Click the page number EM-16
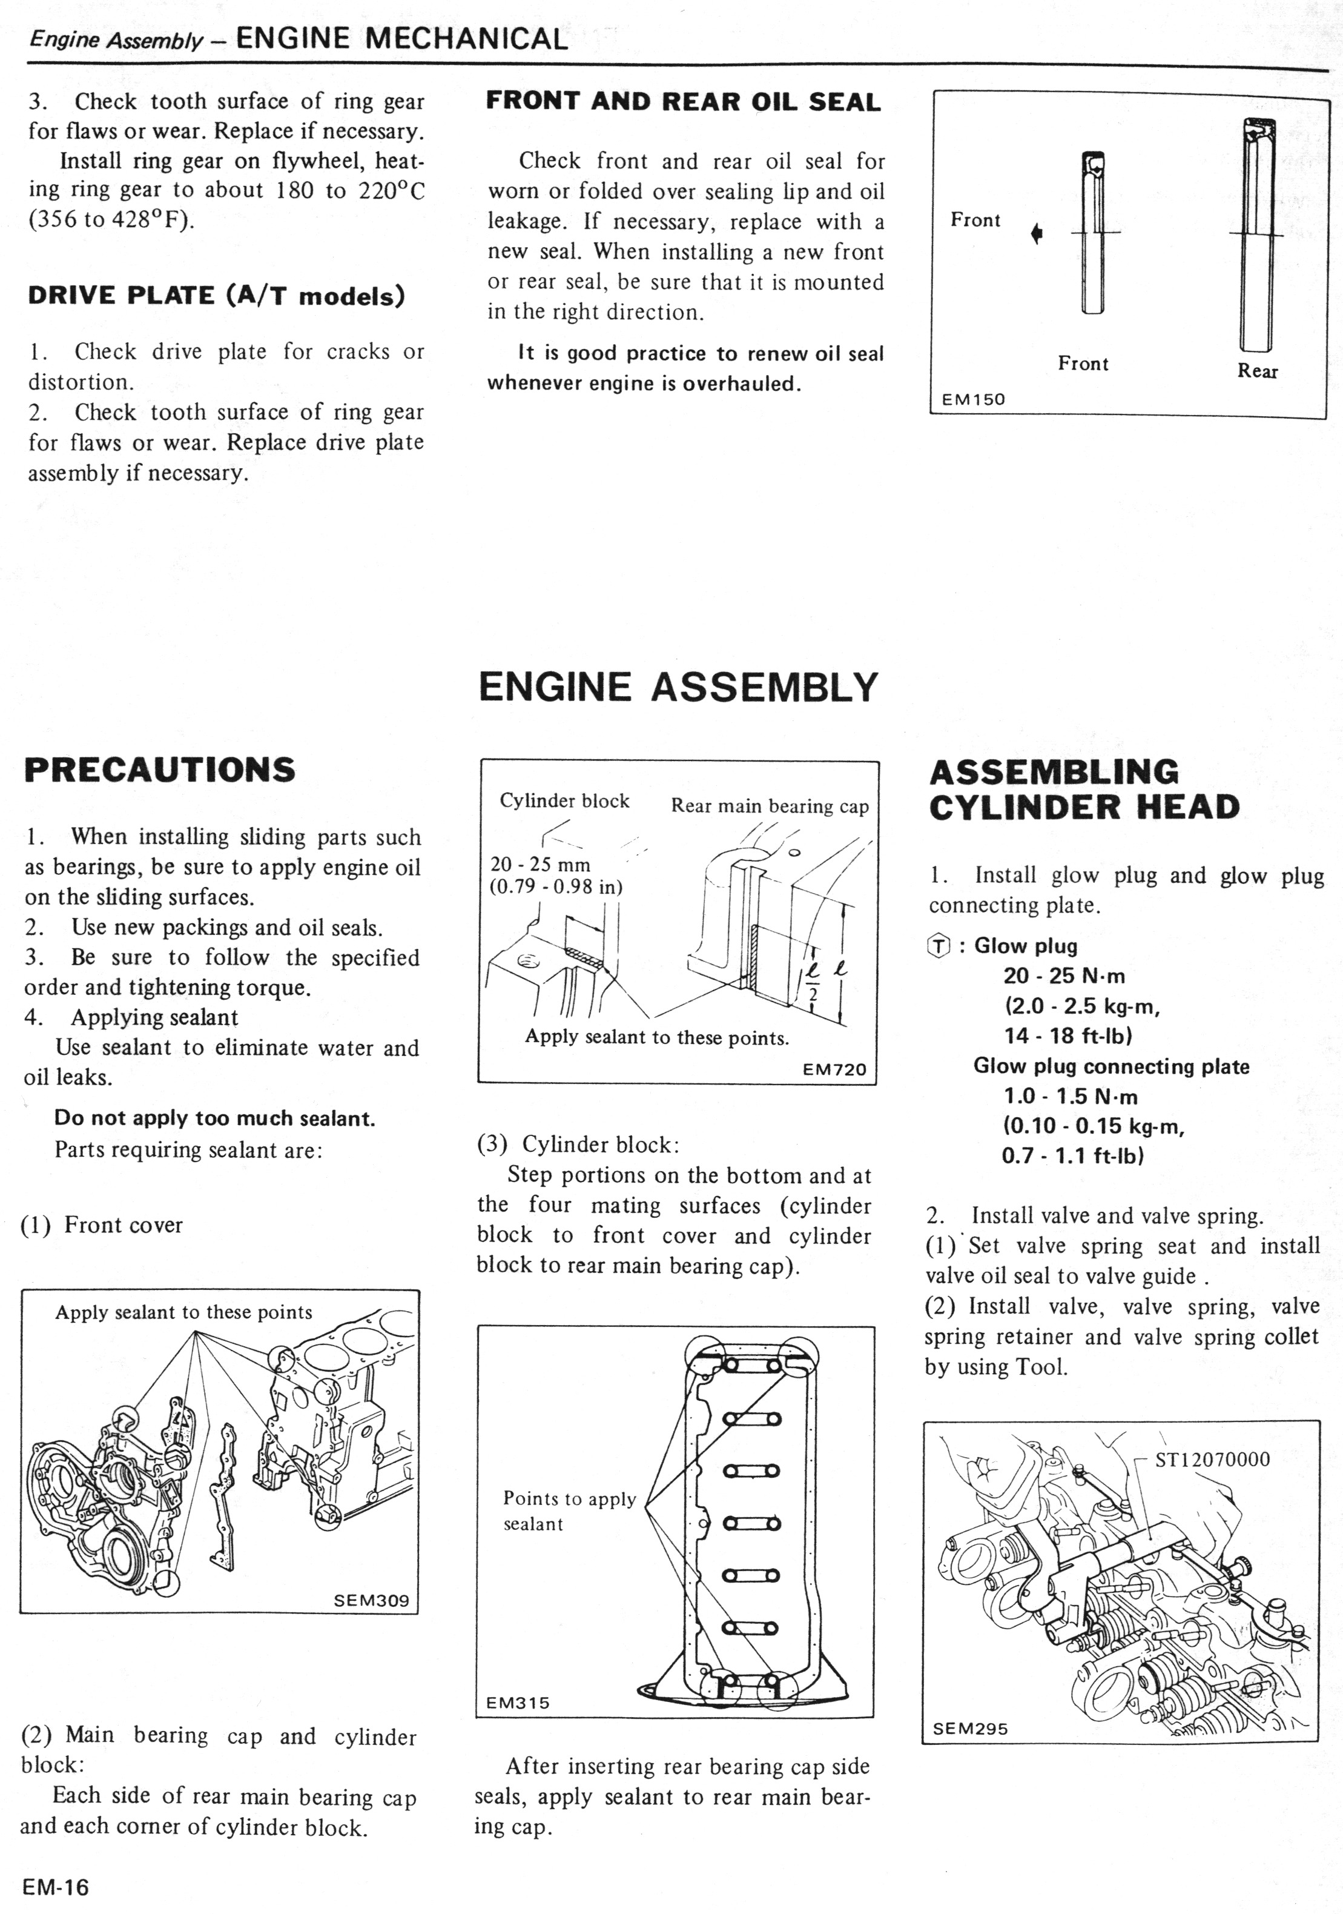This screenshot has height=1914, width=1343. [56, 1887]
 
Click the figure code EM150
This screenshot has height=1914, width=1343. [973, 399]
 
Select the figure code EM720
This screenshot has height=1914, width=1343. [834, 1069]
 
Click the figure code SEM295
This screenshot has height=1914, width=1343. [970, 1728]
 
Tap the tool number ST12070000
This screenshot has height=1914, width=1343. [1212, 1459]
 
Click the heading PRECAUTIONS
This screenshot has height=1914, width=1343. [160, 769]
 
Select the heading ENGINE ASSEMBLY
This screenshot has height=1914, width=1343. [678, 687]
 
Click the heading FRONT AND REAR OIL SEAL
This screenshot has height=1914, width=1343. [683, 102]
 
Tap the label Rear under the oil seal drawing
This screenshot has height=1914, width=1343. [1257, 371]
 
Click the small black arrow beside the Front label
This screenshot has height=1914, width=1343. [1037, 234]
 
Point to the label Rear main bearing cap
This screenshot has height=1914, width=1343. [770, 806]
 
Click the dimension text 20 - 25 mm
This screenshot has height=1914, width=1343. [540, 865]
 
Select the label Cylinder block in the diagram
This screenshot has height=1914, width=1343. [564, 800]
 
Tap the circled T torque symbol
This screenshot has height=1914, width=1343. [938, 946]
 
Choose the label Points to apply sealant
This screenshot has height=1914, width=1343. [569, 1510]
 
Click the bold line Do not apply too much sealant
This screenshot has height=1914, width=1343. [214, 1118]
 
